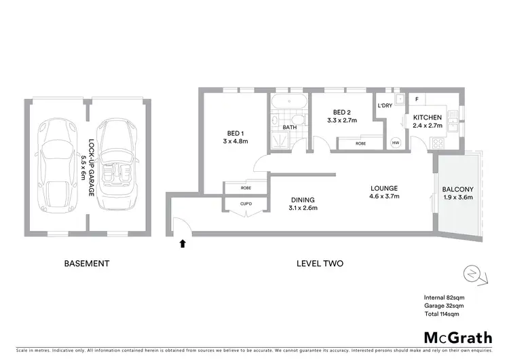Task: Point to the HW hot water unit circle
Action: [x=396, y=143]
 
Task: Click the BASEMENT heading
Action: [x=86, y=264]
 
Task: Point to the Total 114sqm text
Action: [x=442, y=313]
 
